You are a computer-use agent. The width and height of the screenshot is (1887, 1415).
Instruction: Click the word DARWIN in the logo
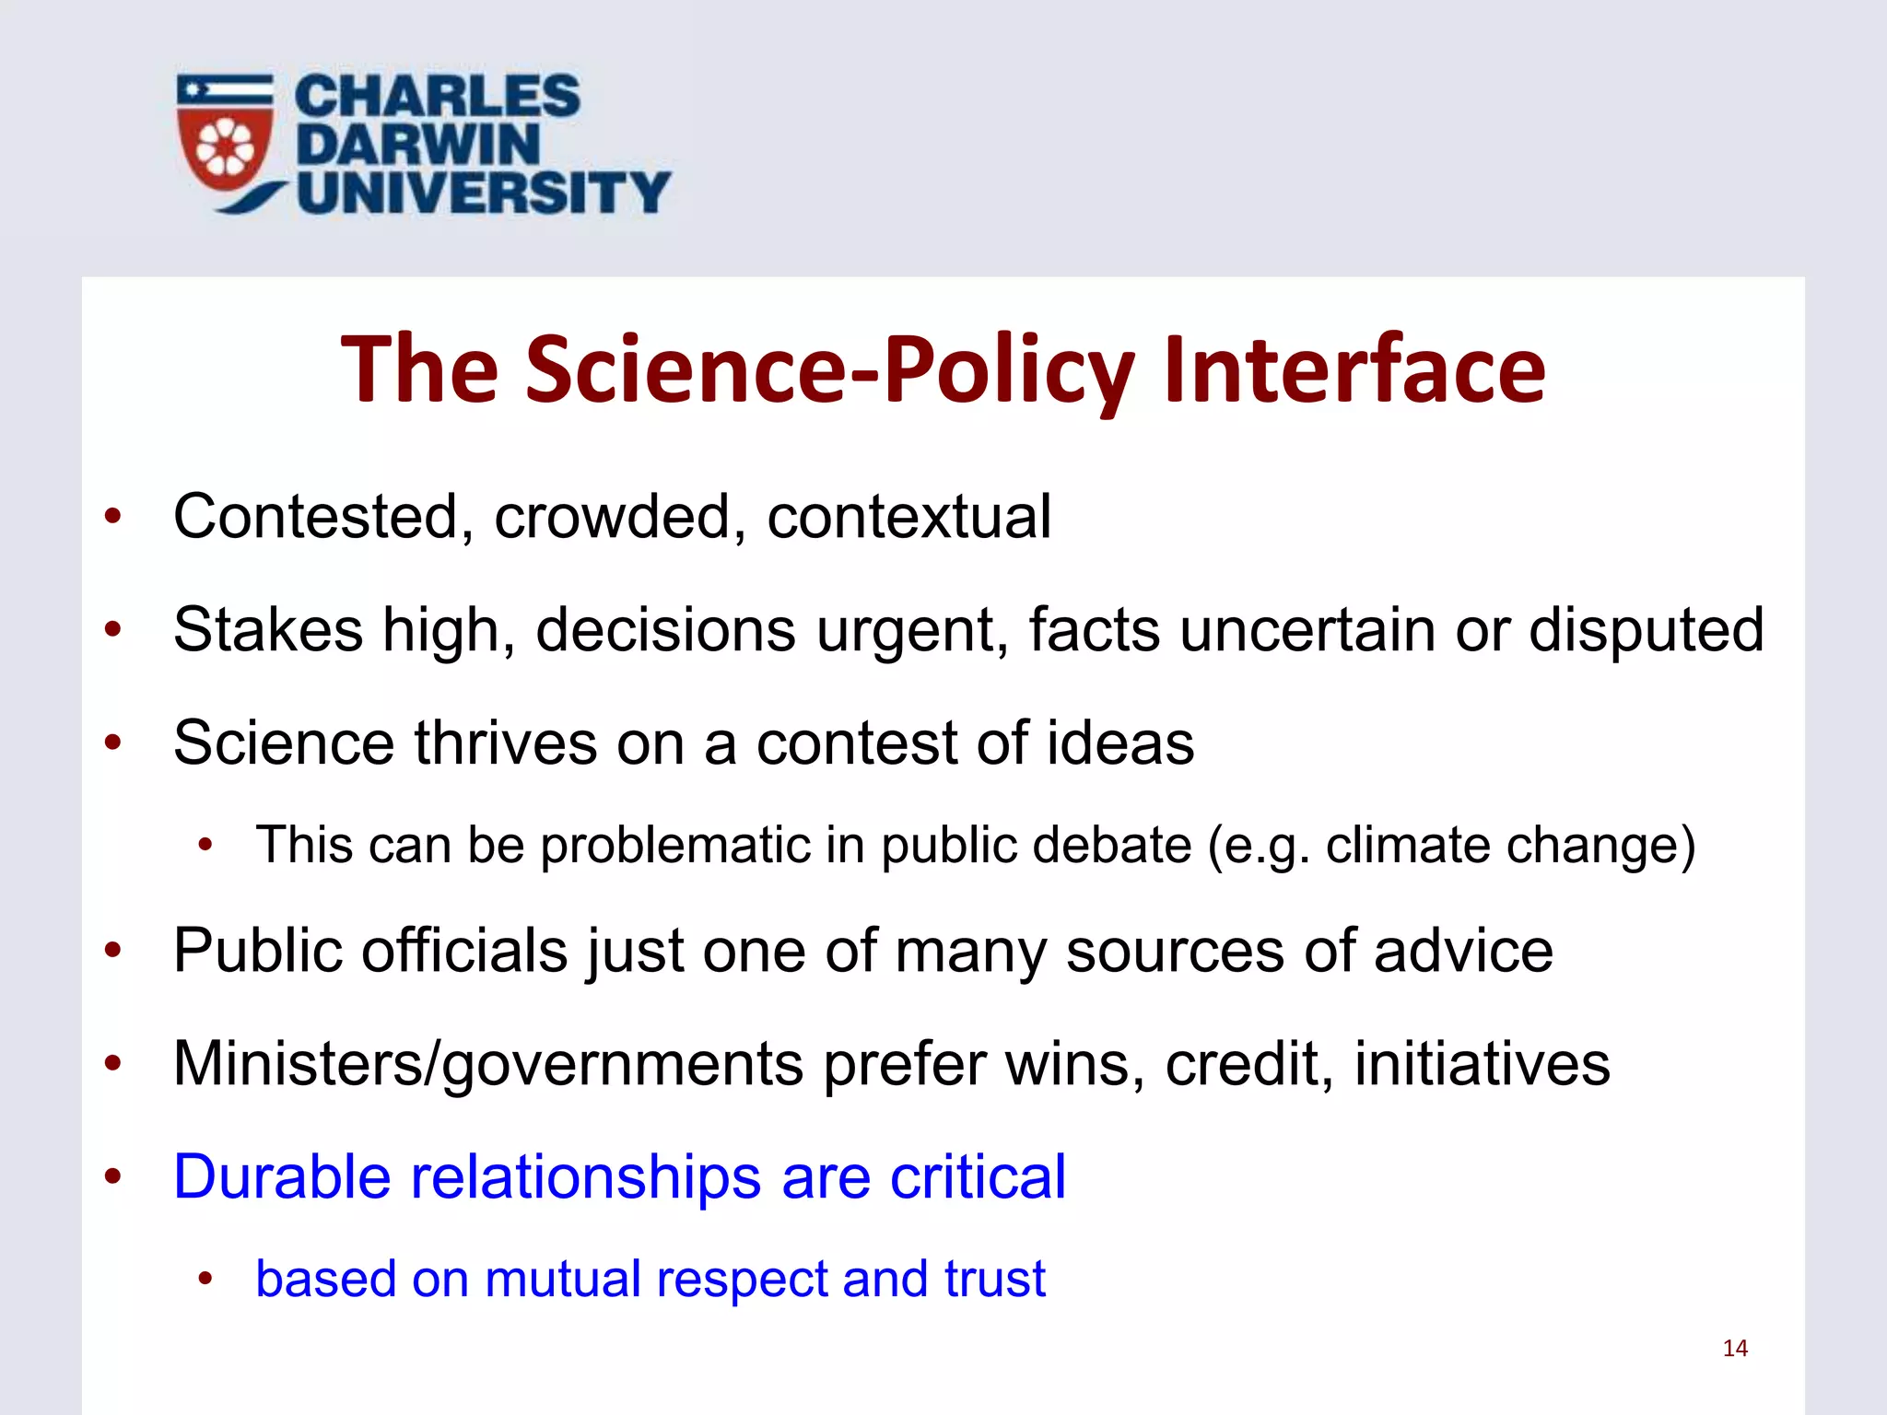point(417,145)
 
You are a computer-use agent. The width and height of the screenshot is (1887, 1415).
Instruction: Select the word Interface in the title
point(1354,369)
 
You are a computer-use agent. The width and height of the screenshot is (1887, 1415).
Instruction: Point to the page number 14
point(1735,1349)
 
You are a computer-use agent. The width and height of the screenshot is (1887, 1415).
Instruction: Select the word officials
point(464,950)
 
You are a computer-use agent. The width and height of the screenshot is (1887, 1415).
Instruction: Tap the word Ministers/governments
point(488,1065)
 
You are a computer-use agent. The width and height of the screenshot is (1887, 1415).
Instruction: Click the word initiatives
point(1482,1063)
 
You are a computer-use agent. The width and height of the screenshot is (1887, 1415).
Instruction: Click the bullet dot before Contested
point(113,516)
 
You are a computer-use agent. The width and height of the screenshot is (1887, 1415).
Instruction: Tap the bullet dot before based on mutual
point(205,1279)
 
